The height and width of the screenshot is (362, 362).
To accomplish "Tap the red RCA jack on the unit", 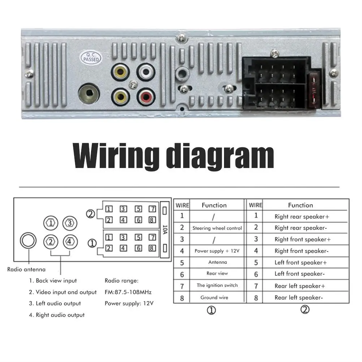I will (x=146, y=96).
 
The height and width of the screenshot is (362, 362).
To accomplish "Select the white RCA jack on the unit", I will (x=146, y=72).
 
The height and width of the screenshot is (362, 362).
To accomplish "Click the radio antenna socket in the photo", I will (x=89, y=94).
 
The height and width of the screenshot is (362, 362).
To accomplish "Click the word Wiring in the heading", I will (x=115, y=156).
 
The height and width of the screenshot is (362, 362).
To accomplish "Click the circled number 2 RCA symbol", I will (x=51, y=241).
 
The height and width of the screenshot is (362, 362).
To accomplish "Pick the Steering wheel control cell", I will (x=217, y=228).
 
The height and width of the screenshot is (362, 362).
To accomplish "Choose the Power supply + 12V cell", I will (x=217, y=251).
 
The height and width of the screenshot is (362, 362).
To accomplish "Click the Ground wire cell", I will (x=214, y=298).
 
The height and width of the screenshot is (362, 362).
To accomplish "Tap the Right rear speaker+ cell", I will (x=302, y=217).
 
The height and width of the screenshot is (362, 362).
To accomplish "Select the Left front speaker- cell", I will (x=299, y=274).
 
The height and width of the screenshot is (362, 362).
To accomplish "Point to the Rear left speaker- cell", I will (x=298, y=298).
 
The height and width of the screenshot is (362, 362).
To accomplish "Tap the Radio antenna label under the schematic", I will (x=26, y=269).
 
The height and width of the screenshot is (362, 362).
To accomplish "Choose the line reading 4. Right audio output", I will (x=57, y=315).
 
